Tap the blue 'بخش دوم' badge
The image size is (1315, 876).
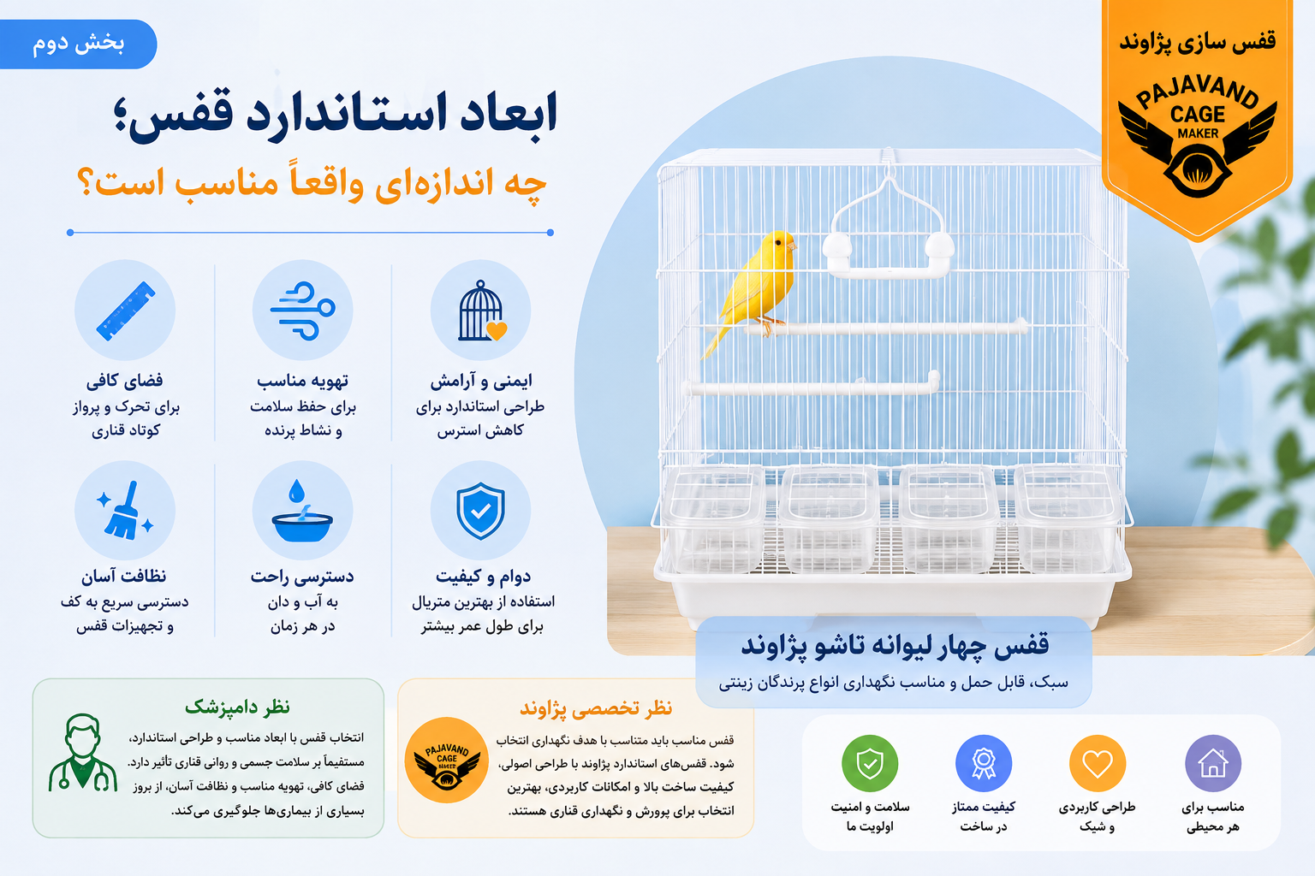pos(78,44)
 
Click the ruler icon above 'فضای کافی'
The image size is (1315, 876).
pos(125,311)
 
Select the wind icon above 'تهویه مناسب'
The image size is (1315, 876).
pos(302,311)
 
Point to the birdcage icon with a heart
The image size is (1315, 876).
pos(481,311)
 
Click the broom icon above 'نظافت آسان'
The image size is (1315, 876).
pos(125,510)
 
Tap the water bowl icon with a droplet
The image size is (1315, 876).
pos(302,511)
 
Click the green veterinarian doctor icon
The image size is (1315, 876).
pos(83,753)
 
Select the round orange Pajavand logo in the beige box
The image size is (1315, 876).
pos(447,760)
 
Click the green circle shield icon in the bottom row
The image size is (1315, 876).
pos(870,763)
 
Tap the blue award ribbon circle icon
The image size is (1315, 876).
pos(984,763)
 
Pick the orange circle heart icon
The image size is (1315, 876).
pos(1098,763)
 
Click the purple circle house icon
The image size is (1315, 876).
pos(1213,763)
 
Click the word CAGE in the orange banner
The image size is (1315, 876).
pos(1198,114)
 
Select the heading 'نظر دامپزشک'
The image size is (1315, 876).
pos(237,707)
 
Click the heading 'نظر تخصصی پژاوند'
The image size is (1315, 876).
pos(596,708)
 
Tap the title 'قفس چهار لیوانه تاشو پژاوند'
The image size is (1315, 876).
pos(895,645)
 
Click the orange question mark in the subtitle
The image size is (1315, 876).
pos(86,181)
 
